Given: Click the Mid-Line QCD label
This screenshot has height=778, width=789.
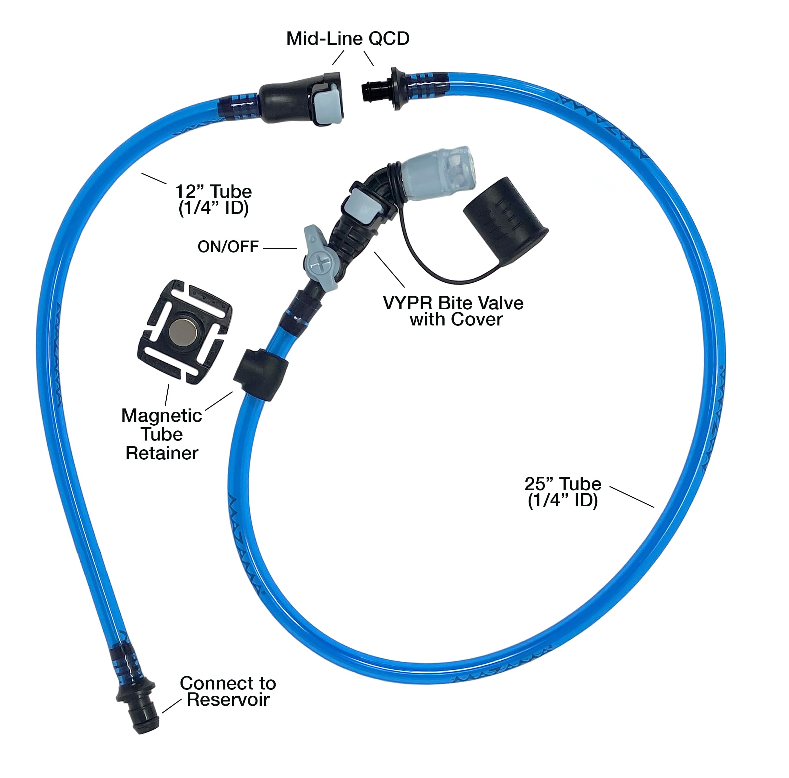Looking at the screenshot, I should pos(348,39).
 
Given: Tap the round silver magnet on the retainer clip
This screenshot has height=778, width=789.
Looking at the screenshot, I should pos(183,331).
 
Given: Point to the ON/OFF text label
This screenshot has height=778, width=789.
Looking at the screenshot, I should pos(228,247).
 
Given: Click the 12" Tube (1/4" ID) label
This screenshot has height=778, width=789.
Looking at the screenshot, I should pos(213,200).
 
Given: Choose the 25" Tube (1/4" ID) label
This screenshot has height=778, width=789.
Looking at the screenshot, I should pos(562,492).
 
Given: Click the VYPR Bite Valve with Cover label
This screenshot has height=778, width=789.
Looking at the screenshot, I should pos(453,311).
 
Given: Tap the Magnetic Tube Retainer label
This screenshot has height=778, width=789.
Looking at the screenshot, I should pos(162,434).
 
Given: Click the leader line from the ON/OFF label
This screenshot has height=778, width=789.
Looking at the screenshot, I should pos(280,248).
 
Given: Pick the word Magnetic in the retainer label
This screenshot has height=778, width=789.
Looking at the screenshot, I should pos(162,416).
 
